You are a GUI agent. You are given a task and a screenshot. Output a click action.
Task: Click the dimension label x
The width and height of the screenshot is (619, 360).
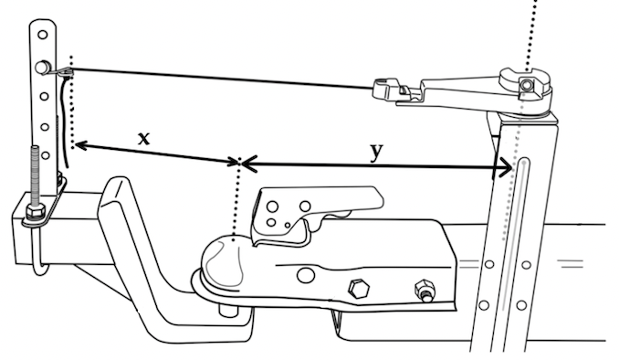[144, 139]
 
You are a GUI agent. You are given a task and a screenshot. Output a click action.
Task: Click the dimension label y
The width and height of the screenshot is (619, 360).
[377, 153]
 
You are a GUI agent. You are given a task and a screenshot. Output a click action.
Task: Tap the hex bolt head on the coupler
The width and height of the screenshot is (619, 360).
[359, 289]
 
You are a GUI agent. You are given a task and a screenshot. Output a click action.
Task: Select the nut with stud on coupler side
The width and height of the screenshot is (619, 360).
[425, 291]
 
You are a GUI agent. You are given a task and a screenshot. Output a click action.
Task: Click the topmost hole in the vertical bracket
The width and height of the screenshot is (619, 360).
[43, 35]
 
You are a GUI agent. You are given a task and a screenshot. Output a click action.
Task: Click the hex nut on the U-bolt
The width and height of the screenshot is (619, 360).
[36, 214]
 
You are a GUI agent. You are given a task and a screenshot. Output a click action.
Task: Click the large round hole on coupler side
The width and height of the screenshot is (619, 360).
[306, 275]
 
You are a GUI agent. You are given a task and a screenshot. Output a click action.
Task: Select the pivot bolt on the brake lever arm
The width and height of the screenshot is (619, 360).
[526, 85]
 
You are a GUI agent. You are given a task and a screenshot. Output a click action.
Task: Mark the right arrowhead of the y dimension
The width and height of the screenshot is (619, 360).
[505, 168]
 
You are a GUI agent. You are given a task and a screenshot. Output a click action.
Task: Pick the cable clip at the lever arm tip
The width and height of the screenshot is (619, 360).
[393, 90]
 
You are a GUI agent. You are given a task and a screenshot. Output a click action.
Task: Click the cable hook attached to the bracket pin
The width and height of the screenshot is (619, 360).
[63, 71]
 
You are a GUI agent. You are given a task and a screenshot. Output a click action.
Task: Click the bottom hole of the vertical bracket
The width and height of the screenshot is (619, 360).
[46, 155]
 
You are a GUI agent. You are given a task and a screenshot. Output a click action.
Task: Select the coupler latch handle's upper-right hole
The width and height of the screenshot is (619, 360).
[305, 206]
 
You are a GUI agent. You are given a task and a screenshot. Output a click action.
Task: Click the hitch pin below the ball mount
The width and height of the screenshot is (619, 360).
[228, 308]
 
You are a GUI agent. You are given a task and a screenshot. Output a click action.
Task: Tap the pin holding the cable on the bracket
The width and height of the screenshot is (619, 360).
[41, 68]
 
